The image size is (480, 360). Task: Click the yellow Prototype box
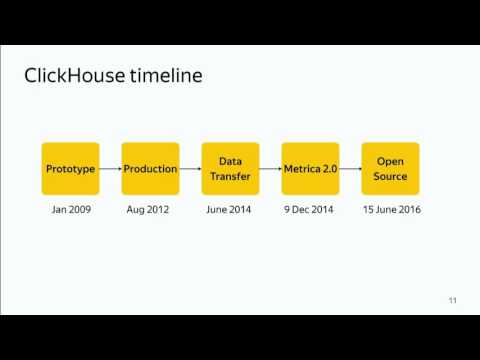tap(70, 169)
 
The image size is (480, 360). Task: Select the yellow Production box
tap(150, 169)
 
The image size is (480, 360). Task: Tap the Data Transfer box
tap(230, 169)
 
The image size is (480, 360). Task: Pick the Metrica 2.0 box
tap(310, 169)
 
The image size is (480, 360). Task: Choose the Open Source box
tap(390, 169)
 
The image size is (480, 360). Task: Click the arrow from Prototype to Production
tap(110, 169)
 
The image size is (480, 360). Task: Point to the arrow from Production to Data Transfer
tap(190, 169)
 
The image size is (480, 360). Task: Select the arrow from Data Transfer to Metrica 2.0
tap(270, 169)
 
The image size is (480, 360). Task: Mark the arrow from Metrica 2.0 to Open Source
tap(350, 169)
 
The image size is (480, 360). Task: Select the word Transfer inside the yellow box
tap(230, 177)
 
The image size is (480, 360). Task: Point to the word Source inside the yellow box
tap(390, 177)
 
